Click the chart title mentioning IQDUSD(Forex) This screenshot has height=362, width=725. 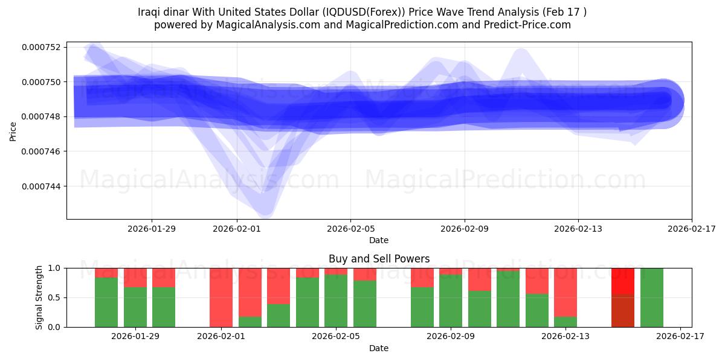[x=362, y=12]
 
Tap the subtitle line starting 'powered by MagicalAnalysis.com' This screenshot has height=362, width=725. [x=362, y=25]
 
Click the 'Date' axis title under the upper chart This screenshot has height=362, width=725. [x=379, y=240]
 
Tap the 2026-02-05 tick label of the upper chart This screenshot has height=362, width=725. [x=350, y=229]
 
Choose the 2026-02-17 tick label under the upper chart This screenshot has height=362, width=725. [x=691, y=229]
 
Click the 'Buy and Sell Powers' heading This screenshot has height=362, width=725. [x=379, y=259]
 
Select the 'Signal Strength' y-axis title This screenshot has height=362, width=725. [x=39, y=297]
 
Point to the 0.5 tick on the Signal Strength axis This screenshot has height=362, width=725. [x=54, y=297]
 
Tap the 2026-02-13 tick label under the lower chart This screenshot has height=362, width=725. [x=566, y=337]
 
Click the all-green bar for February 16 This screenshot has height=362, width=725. [x=651, y=297]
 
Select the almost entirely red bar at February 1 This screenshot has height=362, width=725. [x=221, y=296]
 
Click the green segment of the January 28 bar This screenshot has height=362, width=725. [x=106, y=302]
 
